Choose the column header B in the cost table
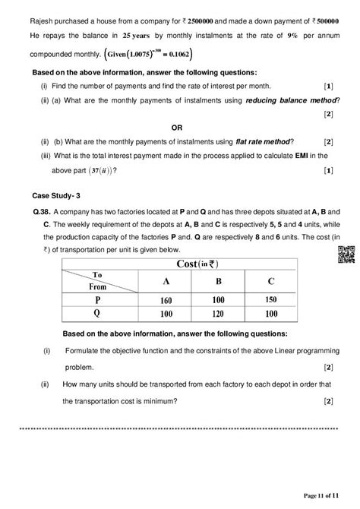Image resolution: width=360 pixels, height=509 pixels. [216, 281]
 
